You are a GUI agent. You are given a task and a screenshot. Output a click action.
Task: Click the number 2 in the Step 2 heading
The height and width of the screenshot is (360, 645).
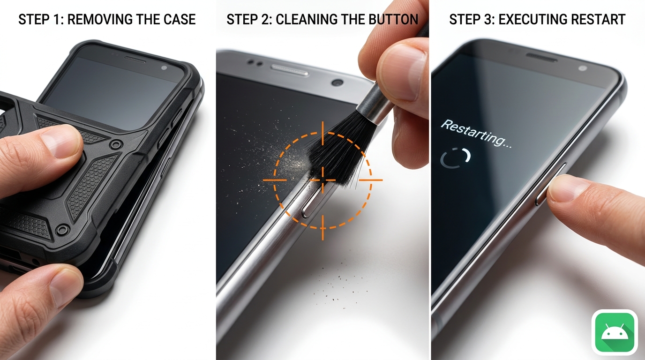coord(268,20)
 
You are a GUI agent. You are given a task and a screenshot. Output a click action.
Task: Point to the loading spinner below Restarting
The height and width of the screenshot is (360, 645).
coord(455,158)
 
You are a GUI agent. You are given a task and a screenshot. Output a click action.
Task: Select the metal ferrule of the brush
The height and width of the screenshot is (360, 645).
coord(375,103)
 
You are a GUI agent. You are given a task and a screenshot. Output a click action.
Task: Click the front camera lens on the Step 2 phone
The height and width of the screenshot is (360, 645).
coord(337,82)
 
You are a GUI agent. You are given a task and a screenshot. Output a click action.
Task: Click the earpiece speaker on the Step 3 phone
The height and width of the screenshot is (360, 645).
coord(541,57)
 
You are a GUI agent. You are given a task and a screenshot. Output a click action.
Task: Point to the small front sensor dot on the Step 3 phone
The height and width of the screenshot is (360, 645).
coord(582,68)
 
